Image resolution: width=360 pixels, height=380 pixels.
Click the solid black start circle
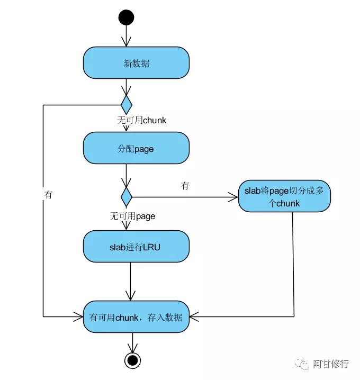point(126,17)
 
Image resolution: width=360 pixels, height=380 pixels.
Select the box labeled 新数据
point(136,63)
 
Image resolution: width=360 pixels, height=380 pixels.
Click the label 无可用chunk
point(141,120)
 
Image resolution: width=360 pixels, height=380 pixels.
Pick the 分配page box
point(136,148)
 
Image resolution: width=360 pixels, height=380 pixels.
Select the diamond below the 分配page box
point(126,196)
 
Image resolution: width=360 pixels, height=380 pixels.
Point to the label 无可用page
point(132,216)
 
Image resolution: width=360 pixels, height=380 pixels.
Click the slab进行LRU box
point(136,246)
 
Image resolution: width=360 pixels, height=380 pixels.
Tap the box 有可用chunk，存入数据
point(136,317)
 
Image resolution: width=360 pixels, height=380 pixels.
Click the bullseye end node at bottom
point(132,360)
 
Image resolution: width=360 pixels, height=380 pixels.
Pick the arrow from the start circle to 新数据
point(126,36)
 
